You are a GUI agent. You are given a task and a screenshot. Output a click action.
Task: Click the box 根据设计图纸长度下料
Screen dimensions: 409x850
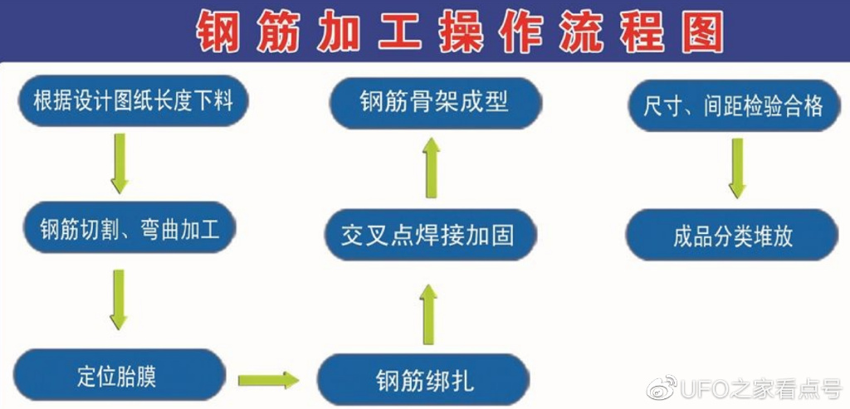(133, 102)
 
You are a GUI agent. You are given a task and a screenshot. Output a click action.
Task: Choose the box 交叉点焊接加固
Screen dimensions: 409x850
(428, 235)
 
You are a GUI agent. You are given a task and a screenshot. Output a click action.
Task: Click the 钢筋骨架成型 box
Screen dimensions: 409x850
(435, 102)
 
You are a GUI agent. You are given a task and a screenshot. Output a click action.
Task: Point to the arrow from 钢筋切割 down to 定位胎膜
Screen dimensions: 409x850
(119, 299)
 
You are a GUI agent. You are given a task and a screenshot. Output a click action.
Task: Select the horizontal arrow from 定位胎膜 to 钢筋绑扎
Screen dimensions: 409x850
(267, 381)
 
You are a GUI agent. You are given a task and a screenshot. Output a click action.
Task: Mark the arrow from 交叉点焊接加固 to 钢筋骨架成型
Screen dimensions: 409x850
(431, 168)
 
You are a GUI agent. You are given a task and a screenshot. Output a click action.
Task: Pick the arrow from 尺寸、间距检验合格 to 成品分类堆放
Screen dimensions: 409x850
(736, 168)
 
